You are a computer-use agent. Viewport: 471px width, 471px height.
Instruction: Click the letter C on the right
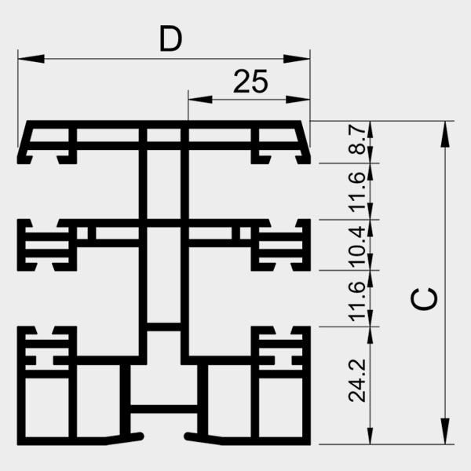(425, 298)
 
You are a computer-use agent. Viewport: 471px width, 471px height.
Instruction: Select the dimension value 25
(250, 82)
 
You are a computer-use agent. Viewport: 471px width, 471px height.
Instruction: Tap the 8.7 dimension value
(357, 142)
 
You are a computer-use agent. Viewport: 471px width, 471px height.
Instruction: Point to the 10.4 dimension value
(357, 244)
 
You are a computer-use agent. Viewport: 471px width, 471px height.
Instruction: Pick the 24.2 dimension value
(357, 382)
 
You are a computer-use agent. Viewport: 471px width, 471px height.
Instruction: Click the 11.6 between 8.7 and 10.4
(357, 192)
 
